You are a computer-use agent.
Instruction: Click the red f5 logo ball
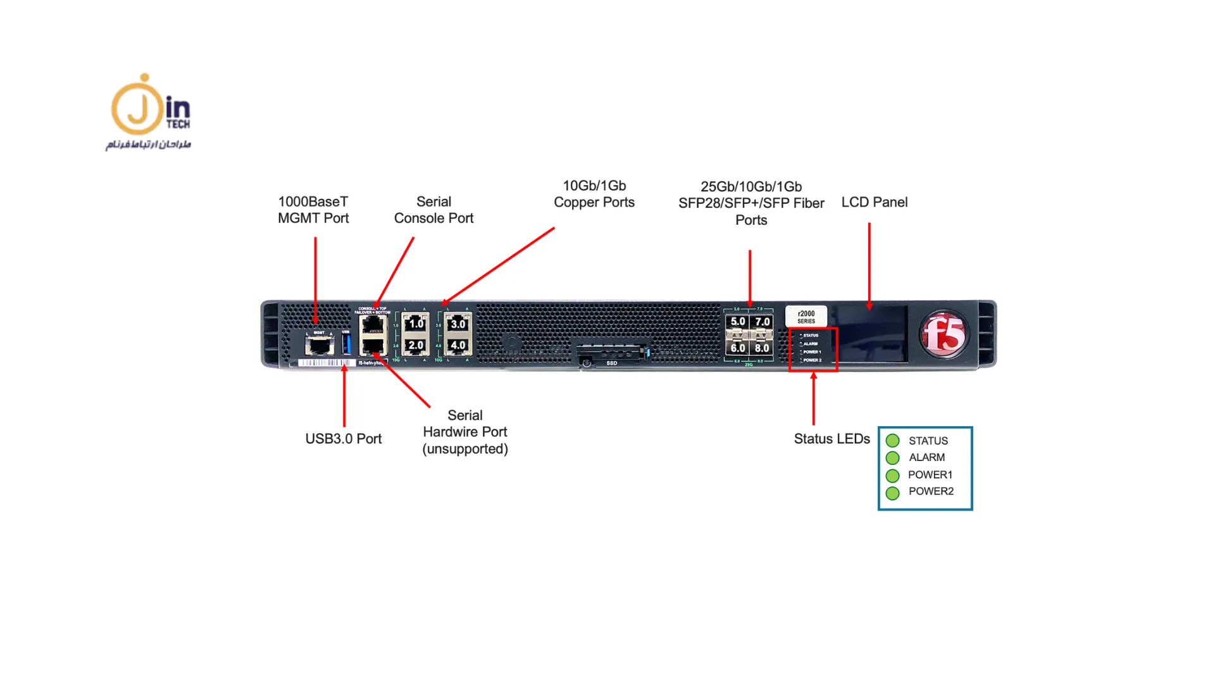944,334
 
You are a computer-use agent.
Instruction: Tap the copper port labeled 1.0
415,324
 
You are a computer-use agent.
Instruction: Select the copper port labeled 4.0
458,346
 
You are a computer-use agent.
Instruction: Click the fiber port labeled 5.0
737,322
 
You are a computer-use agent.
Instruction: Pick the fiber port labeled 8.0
762,348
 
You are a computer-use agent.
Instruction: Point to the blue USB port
346,344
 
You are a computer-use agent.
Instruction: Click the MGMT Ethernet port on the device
319,345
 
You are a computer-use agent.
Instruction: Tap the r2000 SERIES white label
806,317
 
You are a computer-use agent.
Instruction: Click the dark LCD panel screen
871,334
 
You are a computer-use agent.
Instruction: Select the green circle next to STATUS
892,441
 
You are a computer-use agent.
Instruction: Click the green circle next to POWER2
892,493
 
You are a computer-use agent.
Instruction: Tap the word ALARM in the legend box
926,457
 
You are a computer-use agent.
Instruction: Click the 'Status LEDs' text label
832,439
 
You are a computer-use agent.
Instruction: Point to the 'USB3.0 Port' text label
343,439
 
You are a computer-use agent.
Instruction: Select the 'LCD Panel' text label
874,202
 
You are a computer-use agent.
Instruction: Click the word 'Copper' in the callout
576,203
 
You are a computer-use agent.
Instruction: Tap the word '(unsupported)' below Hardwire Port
465,449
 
